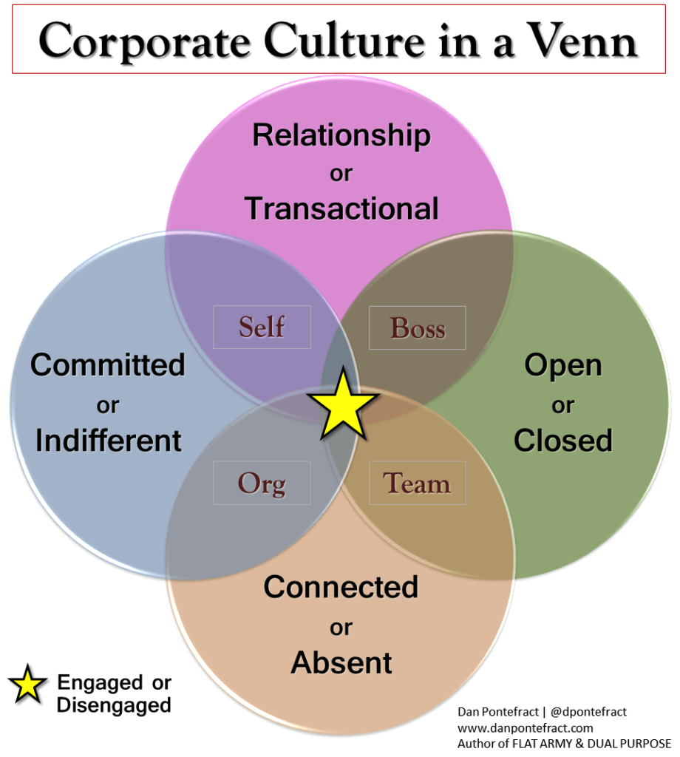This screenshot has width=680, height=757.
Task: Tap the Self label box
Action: (262, 327)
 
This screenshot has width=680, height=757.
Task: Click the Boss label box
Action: (418, 327)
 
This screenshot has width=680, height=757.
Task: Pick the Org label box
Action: (262, 483)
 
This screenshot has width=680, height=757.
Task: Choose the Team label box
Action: (417, 483)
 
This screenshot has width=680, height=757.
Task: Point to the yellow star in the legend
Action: (27, 685)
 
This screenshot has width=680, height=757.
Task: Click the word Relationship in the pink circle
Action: (341, 135)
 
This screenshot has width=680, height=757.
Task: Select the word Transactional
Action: (341, 208)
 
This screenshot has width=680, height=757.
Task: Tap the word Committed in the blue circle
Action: (107, 364)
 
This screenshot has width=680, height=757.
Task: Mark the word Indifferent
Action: (109, 441)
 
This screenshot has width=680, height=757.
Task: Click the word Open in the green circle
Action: (563, 364)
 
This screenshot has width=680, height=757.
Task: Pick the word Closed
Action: (563, 441)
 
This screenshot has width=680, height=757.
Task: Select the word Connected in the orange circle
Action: (341, 587)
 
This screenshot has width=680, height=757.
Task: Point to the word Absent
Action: (341, 662)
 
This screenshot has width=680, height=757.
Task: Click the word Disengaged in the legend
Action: (114, 705)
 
